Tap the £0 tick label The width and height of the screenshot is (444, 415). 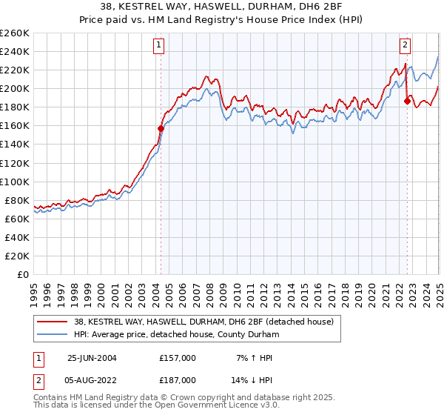pyautogui.click(x=24, y=274)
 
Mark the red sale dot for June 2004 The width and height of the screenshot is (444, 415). pyautogui.click(x=161, y=128)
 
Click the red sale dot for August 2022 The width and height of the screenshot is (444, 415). pyautogui.click(x=407, y=101)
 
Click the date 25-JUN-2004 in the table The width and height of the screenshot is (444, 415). pyautogui.click(x=92, y=358)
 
